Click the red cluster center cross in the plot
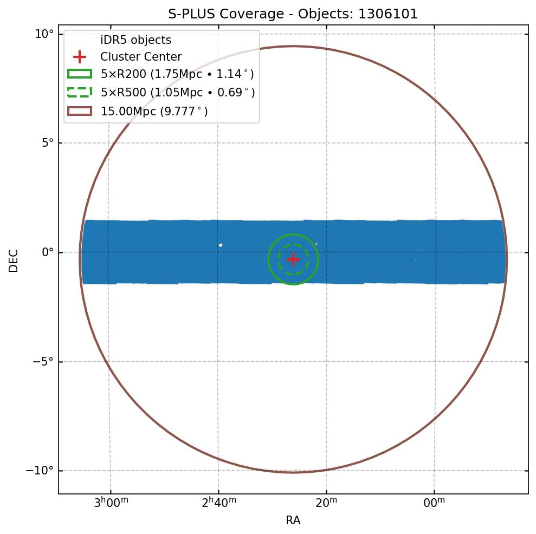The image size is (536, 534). pos(293,259)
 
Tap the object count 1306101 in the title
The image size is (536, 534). pos(388,14)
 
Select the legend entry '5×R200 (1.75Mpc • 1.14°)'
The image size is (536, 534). pos(177,74)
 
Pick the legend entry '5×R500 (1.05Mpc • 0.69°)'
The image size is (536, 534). pos(178,93)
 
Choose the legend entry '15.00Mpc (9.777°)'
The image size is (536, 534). pos(154,112)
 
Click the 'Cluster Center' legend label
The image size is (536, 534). pos(141,57)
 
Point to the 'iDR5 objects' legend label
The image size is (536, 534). pos(135,40)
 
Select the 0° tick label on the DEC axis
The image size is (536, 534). pos(48,252)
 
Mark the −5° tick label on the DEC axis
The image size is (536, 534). pos(43,361)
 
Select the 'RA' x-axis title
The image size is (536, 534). pos(293,520)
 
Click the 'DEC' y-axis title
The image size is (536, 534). pos(14,261)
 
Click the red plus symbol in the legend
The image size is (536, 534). pos(80,57)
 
